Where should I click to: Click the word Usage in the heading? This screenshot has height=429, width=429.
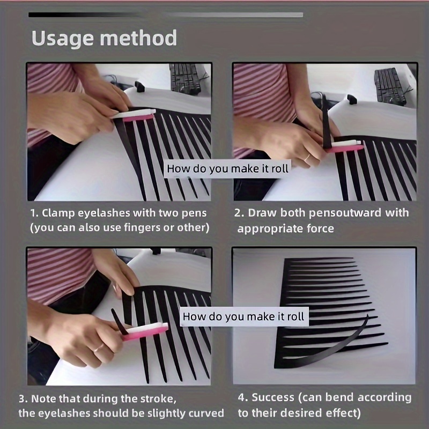(x=63, y=38)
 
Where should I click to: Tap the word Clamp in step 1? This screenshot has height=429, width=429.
(x=58, y=213)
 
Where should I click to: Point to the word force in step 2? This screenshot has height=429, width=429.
(x=320, y=228)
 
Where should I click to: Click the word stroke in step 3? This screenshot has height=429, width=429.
(x=158, y=398)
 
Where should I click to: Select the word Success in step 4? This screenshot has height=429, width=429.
(x=273, y=397)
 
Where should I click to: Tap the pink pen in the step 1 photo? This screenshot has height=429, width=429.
(x=138, y=118)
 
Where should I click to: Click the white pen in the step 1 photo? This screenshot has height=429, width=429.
(x=134, y=113)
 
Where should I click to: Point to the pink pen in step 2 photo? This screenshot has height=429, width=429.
(x=345, y=148)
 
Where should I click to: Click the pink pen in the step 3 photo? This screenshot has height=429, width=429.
(x=144, y=333)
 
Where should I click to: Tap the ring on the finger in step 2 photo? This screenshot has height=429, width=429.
(x=307, y=158)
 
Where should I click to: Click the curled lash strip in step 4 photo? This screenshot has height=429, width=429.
(x=326, y=347)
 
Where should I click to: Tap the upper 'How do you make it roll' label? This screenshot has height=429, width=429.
(x=227, y=168)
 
